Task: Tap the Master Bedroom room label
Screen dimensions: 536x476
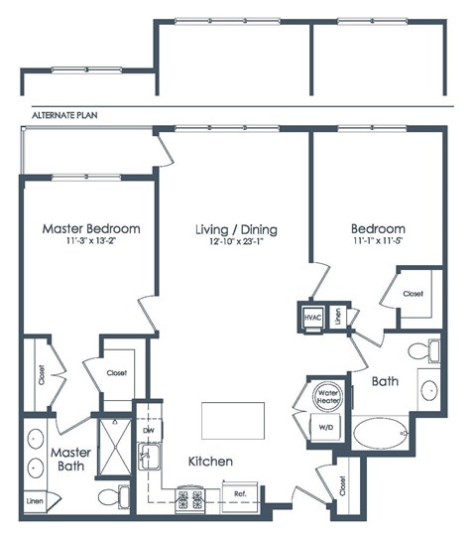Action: (90, 228)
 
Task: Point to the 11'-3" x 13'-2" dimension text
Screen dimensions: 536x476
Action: (90, 241)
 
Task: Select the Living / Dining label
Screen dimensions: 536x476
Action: (235, 229)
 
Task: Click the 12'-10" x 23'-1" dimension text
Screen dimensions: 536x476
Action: (235, 242)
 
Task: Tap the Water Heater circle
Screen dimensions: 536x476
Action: (329, 396)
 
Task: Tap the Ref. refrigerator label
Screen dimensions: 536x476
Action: (240, 493)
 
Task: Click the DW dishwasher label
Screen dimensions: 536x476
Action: (147, 431)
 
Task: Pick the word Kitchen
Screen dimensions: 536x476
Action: (210, 462)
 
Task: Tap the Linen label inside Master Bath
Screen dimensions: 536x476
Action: (36, 501)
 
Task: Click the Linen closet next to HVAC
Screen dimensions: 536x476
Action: (338, 316)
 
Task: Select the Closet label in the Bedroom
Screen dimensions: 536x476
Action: (411, 295)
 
